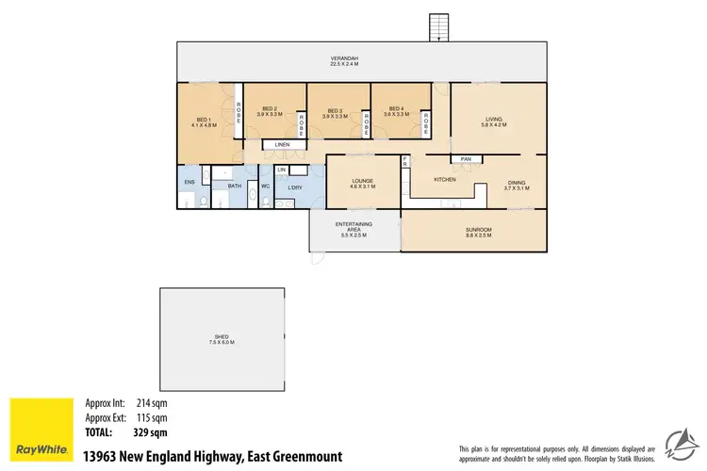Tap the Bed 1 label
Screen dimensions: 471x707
click(205, 122)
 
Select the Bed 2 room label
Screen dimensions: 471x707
click(269, 112)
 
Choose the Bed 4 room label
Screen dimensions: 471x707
click(395, 112)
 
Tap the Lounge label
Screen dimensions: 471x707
click(363, 183)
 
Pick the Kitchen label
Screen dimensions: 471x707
click(445, 179)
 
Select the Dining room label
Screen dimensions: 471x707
click(517, 186)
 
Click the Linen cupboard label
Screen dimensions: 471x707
click(281, 144)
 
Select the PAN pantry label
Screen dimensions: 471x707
click(466, 158)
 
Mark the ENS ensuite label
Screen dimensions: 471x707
click(189, 181)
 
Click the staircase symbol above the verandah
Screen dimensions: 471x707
click(439, 27)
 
